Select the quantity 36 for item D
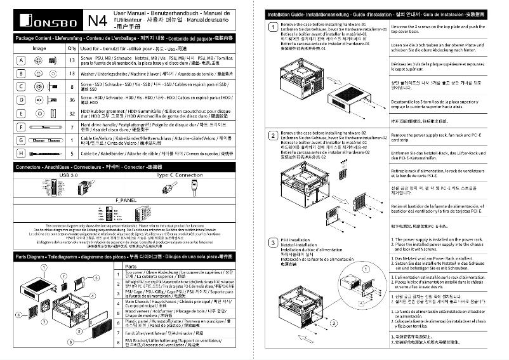[x=72, y=100]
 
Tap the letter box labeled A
[x=21, y=60]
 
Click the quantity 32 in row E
[x=72, y=113]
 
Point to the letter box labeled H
[x=21, y=153]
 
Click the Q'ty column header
[x=72, y=48]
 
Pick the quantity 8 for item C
[x=72, y=86]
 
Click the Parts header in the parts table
[x=131, y=267]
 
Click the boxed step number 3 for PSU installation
[x=273, y=244]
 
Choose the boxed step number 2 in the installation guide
[x=273, y=135]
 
